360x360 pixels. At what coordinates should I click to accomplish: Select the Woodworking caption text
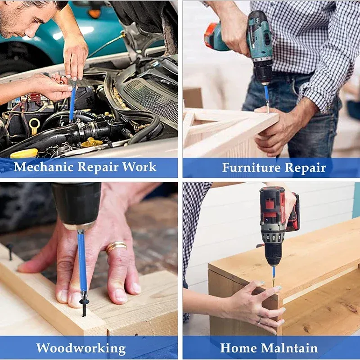pos(81,348)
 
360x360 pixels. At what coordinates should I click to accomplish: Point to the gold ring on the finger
pos(116,247)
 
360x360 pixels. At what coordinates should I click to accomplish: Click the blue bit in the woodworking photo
pos(82,264)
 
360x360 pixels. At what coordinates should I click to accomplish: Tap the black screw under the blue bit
pos(84,307)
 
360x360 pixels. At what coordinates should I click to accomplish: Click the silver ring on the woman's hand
pos(260,320)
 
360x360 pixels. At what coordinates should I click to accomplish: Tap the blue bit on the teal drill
pos(266,94)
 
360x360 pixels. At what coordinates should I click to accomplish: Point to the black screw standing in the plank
pos(10,252)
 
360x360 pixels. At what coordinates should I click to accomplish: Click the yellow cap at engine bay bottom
pos(24,153)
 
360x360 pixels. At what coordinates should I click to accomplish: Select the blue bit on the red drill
pos(274,273)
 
